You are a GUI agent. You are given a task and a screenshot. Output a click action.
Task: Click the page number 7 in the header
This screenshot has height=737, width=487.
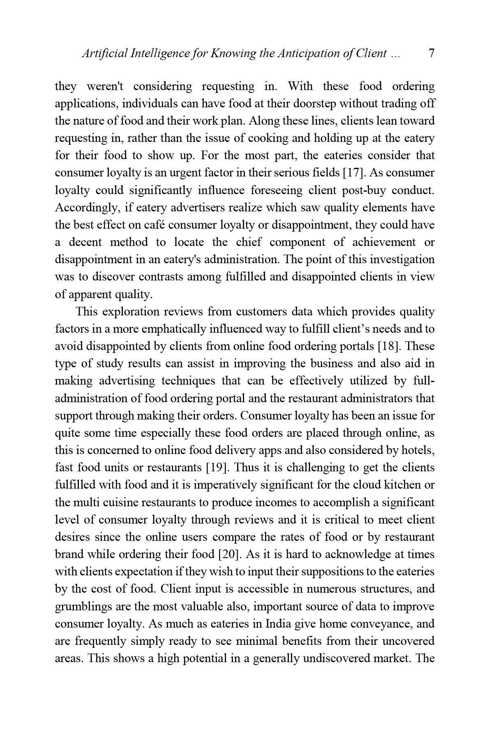[432, 53]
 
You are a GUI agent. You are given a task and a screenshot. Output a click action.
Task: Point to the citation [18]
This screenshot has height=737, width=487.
[387, 347]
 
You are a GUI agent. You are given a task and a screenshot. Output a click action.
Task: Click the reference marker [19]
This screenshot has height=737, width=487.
[214, 468]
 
